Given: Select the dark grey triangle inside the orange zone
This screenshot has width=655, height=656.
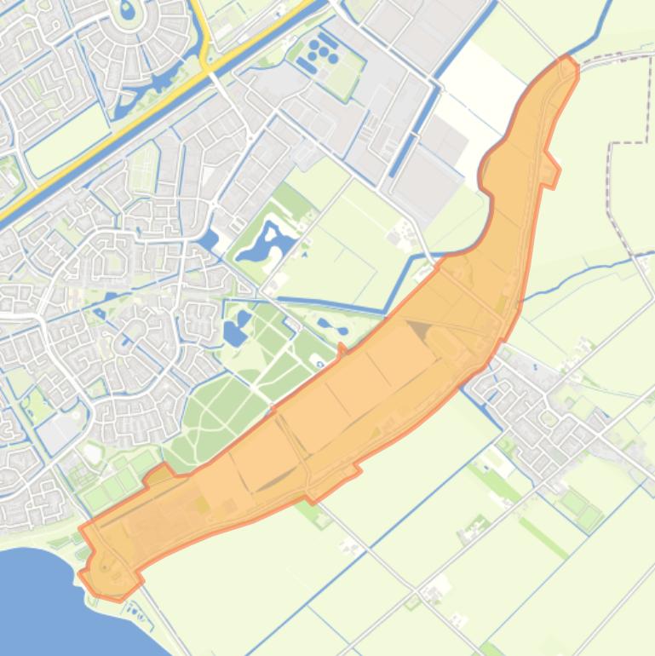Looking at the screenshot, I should tap(419, 329).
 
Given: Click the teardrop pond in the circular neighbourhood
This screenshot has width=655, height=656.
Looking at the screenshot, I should tap(128, 10).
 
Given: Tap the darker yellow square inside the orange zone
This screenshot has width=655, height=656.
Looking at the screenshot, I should tap(202, 505).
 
